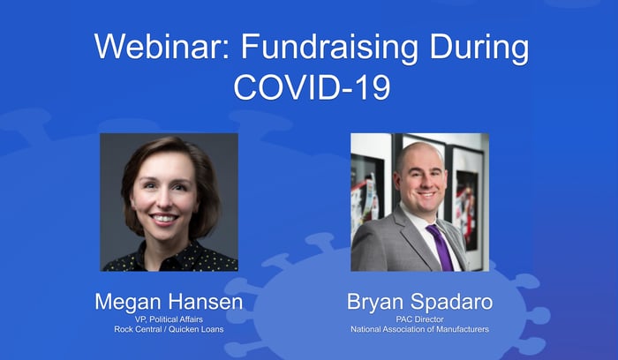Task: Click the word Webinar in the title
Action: (162, 47)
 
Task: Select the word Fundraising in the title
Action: (329, 48)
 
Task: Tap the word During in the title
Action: (479, 48)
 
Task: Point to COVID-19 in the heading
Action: (312, 86)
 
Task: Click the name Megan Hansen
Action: (169, 302)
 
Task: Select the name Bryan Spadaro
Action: (419, 302)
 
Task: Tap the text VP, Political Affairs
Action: (169, 319)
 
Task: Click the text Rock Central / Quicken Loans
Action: (169, 329)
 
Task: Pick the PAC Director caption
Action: (419, 319)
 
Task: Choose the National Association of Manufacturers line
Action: (419, 329)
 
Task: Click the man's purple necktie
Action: (441, 247)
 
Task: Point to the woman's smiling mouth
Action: (163, 218)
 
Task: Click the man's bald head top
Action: (418, 152)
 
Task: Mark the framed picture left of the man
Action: (367, 189)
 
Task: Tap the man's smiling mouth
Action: (426, 194)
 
